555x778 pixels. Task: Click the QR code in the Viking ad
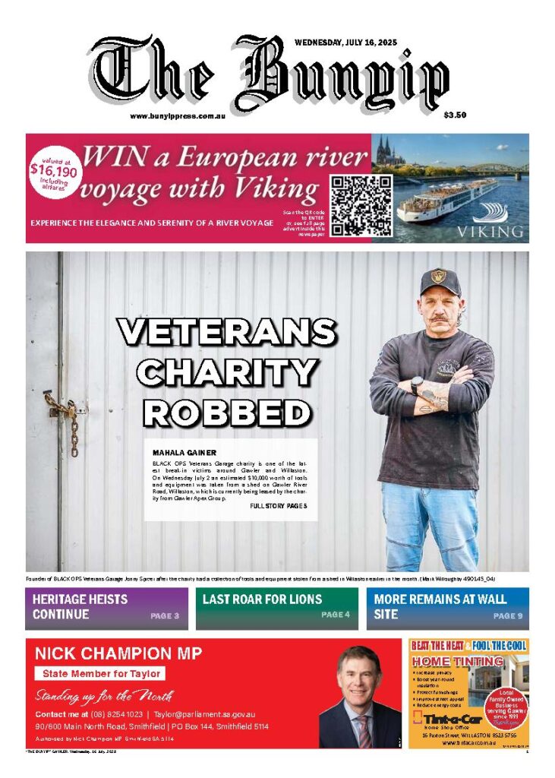click(x=361, y=205)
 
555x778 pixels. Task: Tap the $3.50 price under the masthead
click(x=455, y=115)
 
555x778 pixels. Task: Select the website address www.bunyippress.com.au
click(x=179, y=116)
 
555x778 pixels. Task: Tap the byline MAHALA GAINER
click(x=184, y=452)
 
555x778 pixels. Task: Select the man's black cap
click(x=440, y=281)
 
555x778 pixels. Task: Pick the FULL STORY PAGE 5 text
click(x=278, y=506)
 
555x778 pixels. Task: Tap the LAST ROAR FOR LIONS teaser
click(x=262, y=599)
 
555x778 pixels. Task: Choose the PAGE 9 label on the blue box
click(x=508, y=616)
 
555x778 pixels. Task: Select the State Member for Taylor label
click(x=99, y=673)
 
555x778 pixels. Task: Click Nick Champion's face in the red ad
click(x=358, y=678)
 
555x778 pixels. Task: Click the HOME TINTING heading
click(x=458, y=662)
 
